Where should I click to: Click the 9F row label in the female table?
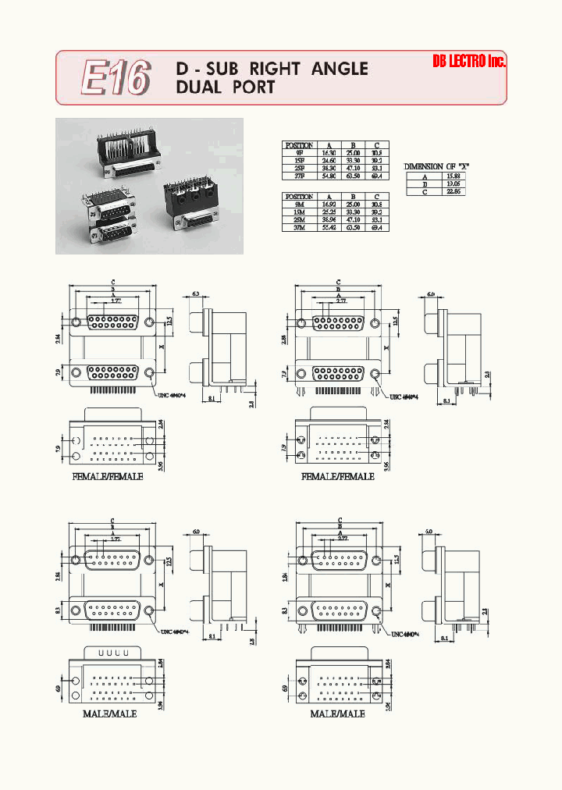(x=300, y=153)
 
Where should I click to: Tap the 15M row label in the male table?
(x=300, y=212)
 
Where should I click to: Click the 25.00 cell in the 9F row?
(x=354, y=153)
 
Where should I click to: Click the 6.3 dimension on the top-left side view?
(x=196, y=294)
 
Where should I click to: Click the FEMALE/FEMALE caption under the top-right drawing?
(x=337, y=476)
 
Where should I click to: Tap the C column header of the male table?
(x=377, y=197)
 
